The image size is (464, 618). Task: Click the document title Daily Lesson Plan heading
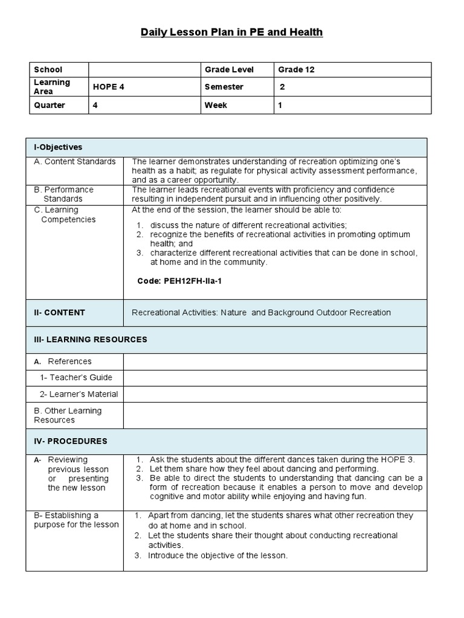pyautogui.click(x=232, y=32)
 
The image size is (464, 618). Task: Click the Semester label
pyautogui.click(x=224, y=87)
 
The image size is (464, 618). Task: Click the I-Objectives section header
pyautogui.click(x=58, y=147)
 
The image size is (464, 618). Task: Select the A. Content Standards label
pyautogui.click(x=75, y=162)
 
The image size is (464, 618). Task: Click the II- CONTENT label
pyautogui.click(x=59, y=313)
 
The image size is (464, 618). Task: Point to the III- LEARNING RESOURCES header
pyautogui.click(x=90, y=340)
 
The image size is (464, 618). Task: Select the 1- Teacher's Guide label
pyautogui.click(x=76, y=378)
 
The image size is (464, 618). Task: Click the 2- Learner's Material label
pyautogui.click(x=79, y=394)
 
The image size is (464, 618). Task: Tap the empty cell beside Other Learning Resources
pyautogui.click(x=274, y=415)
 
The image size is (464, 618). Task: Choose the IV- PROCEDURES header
pyautogui.click(x=70, y=441)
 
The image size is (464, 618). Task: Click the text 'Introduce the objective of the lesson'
pyautogui.click(x=217, y=555)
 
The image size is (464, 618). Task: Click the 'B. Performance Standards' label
pyautogui.click(x=63, y=194)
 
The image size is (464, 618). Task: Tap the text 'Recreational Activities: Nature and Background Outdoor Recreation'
pyautogui.click(x=261, y=313)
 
